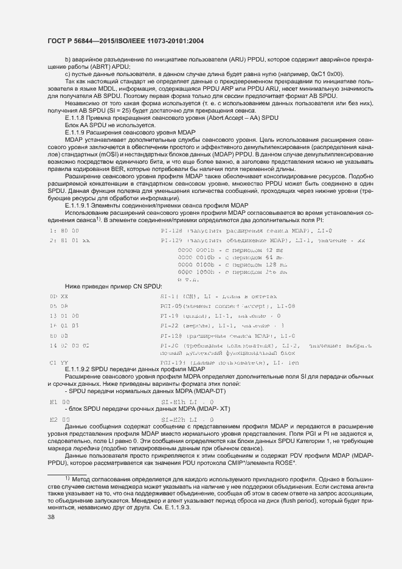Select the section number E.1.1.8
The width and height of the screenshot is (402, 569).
[77, 118]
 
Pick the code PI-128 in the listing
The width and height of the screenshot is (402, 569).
[172, 231]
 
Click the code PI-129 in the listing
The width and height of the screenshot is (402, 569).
[172, 240]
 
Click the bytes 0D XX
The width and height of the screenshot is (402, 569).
[58, 296]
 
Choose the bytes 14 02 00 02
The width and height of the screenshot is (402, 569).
[70, 345]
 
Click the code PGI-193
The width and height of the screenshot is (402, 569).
[172, 363]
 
